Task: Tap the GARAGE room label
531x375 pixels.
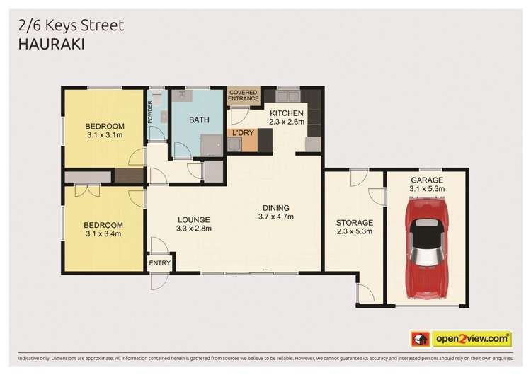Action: tap(427, 180)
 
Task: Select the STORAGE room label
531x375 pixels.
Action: tap(354, 223)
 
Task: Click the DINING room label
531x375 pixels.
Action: tap(273, 207)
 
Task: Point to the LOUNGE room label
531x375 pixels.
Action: tap(193, 219)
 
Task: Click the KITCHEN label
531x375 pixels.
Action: tap(286, 113)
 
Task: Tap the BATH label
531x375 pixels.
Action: tap(199, 120)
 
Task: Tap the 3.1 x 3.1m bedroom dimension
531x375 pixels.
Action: tap(105, 134)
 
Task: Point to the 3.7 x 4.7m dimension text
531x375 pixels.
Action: tap(273, 217)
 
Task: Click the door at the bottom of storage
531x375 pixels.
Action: tap(365, 292)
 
